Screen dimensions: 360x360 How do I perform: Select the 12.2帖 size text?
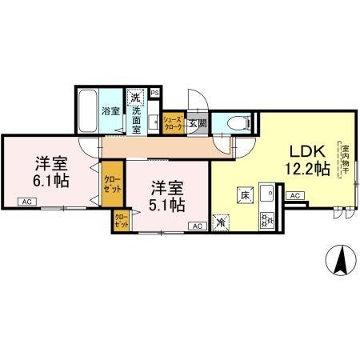click(306, 168)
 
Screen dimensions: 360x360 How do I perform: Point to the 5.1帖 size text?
click(168, 205)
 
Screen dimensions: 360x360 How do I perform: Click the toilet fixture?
click(236, 122)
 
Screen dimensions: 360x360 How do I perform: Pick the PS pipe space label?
click(154, 92)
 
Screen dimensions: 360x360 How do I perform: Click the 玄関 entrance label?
click(197, 122)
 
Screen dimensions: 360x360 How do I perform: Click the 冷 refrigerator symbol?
click(222, 222)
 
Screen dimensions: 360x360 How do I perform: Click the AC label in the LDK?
click(293, 195)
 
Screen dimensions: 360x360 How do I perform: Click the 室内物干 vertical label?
click(346, 160)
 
